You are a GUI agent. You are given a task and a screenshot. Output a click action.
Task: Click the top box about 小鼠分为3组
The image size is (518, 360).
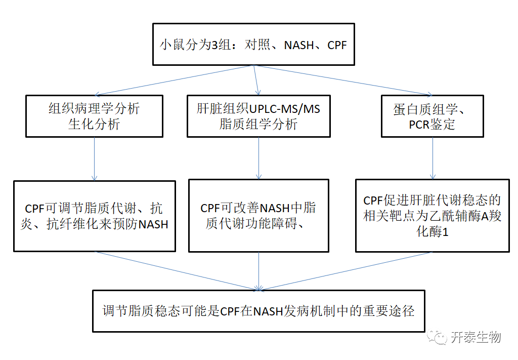253,45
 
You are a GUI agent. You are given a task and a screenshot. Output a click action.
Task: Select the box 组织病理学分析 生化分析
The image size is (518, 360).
94,116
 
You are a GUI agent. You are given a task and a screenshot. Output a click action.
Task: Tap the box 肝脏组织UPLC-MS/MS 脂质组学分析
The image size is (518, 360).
258,116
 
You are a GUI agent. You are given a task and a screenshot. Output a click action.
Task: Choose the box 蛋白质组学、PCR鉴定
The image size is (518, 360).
432,116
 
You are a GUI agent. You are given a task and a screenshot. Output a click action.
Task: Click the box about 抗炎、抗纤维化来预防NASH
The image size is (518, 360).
94,216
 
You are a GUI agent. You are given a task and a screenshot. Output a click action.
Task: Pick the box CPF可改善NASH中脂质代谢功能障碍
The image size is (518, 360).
258,216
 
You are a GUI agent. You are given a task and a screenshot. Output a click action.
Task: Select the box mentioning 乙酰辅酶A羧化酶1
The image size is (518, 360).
432,216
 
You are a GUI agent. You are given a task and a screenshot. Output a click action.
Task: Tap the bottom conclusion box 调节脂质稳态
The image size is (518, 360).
258,310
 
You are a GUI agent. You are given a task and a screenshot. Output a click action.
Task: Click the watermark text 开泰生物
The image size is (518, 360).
476,337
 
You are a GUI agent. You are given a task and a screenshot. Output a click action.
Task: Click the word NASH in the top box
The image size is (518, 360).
299,45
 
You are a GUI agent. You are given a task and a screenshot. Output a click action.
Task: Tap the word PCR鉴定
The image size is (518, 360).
432,125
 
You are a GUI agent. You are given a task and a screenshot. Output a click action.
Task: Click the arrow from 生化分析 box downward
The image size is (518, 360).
94,158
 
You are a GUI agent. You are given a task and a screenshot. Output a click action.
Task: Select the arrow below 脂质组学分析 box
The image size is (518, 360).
258,157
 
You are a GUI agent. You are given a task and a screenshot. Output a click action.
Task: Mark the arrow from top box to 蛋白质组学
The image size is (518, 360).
344,80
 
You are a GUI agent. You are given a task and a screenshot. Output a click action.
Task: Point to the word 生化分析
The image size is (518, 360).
94,125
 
